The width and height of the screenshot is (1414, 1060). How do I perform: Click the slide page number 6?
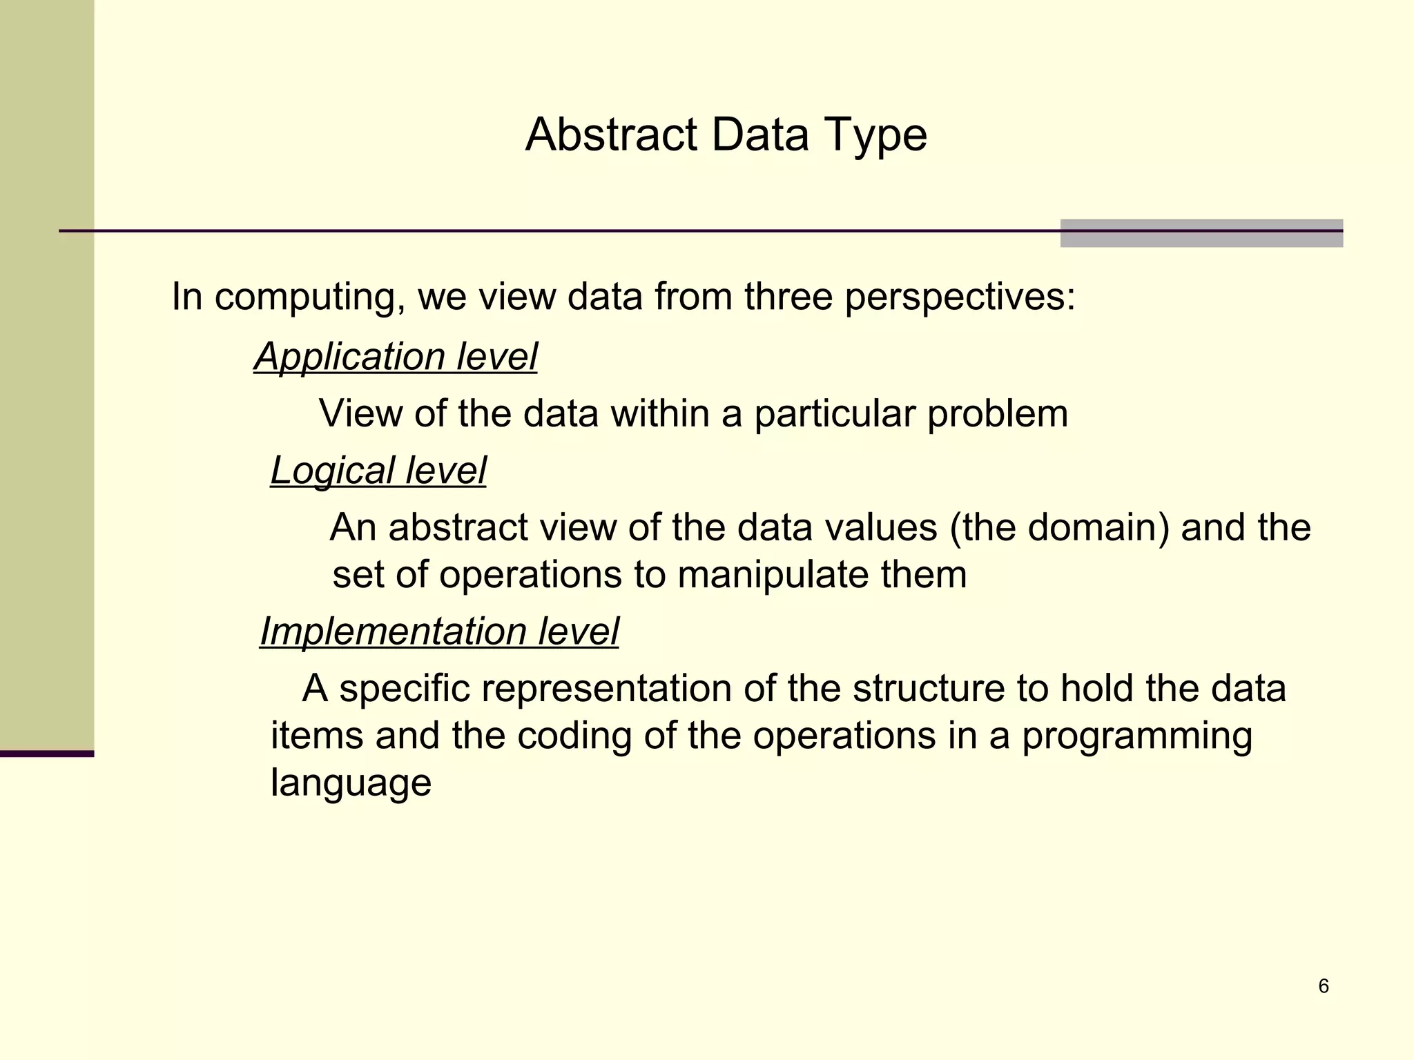1323,986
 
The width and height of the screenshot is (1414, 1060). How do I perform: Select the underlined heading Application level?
395,357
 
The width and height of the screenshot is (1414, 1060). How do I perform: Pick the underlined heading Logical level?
378,471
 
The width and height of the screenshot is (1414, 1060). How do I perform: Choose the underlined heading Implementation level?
439,631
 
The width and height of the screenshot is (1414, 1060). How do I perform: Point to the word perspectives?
960,298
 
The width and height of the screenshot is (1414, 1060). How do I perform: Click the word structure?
927,689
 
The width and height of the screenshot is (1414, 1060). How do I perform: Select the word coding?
574,736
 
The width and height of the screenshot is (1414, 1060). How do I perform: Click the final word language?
351,783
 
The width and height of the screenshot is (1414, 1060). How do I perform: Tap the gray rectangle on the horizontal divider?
1201,233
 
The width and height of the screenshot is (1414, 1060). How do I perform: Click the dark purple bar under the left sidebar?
46,754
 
